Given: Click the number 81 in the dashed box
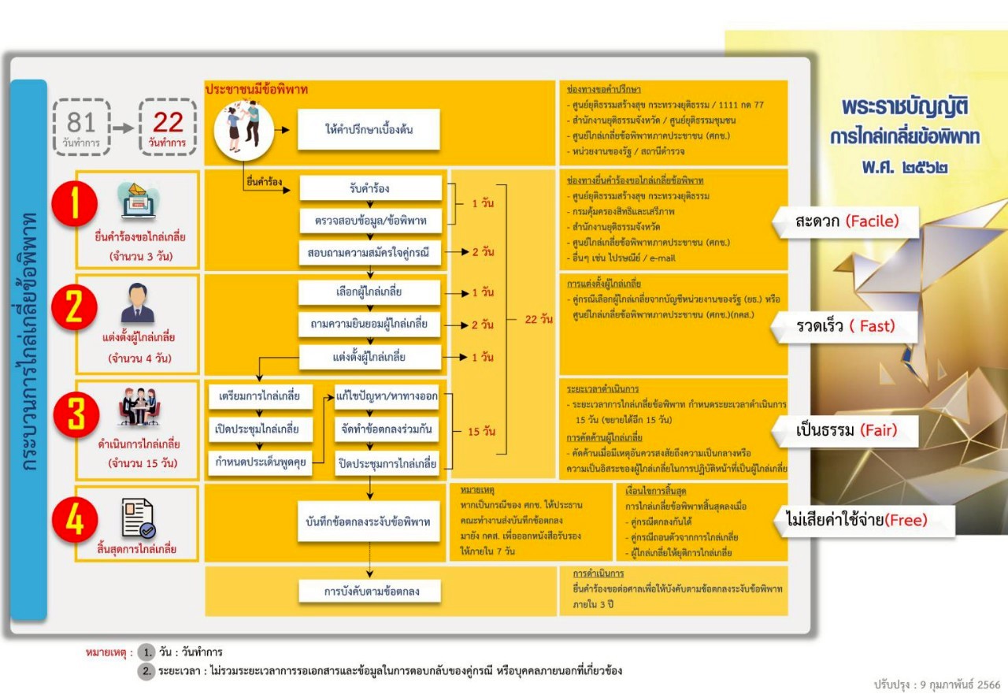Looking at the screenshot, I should pyautogui.click(x=81, y=122).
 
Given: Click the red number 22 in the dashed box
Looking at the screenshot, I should pyautogui.click(x=168, y=122).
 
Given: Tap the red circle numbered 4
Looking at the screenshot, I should pyautogui.click(x=75, y=521).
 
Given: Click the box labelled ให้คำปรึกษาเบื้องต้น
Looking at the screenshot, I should pyautogui.click(x=368, y=129).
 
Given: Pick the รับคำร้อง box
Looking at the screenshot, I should pyautogui.click(x=370, y=188).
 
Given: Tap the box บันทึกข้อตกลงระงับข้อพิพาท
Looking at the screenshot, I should pyautogui.click(x=369, y=522).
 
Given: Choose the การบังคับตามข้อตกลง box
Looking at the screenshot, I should pyautogui.click(x=370, y=591).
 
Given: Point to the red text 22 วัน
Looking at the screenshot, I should pyautogui.click(x=538, y=319).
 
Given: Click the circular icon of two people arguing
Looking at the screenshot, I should pyautogui.click(x=243, y=126).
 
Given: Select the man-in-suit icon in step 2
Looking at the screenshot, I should pyautogui.click(x=138, y=303).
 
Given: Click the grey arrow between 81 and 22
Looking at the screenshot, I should pyautogui.click(x=122, y=126).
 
